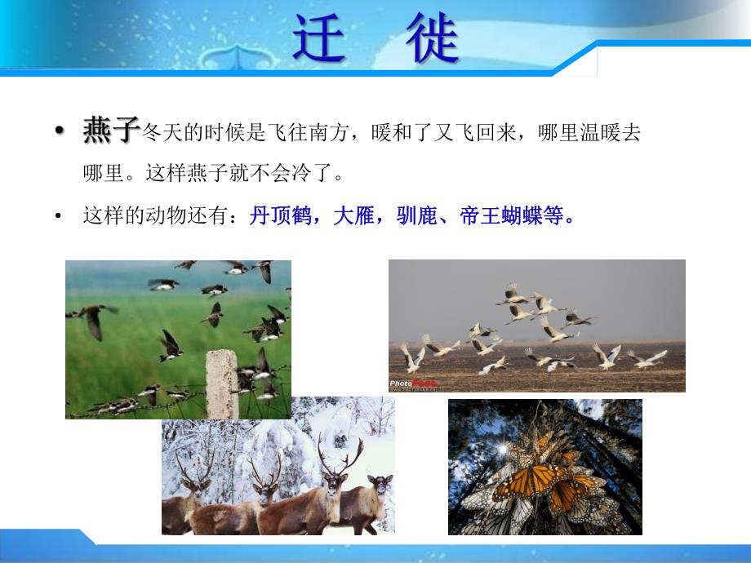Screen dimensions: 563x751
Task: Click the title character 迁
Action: (320, 40)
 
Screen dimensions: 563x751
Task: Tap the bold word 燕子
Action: (112, 131)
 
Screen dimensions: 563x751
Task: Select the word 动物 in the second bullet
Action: (176, 217)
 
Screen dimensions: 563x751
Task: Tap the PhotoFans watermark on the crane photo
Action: (412, 382)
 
